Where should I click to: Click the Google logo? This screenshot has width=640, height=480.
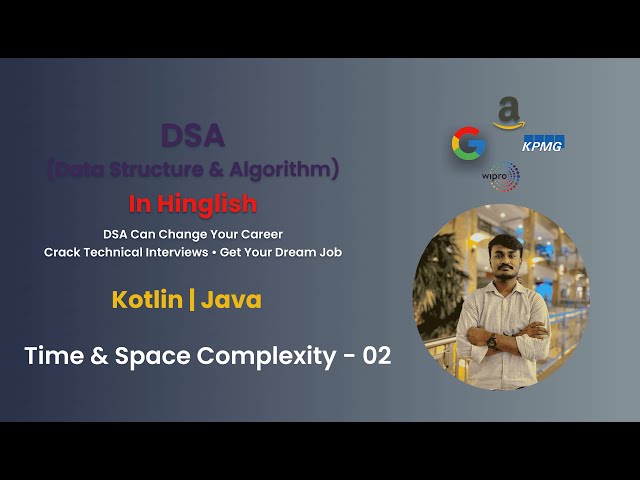coord(468,144)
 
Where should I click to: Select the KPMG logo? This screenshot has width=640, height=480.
coord(543,143)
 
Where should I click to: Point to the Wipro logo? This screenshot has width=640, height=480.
coord(501,177)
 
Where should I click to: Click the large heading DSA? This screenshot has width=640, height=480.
coord(192,135)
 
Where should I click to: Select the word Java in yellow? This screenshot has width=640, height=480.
coord(231,299)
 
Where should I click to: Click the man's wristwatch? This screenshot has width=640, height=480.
coord(491,341)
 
